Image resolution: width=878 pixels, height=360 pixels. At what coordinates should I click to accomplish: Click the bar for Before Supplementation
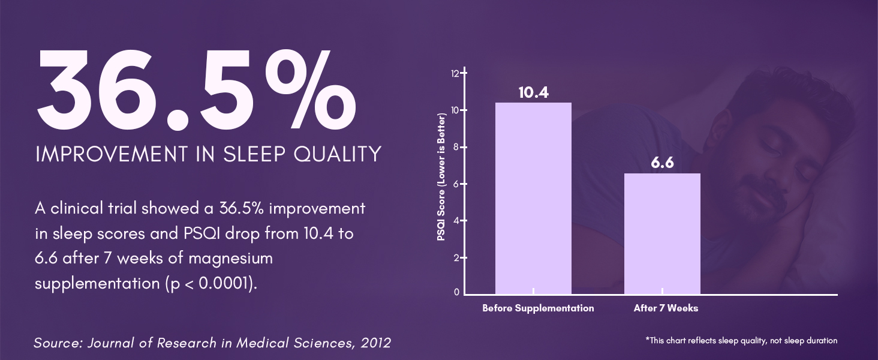click(x=533, y=198)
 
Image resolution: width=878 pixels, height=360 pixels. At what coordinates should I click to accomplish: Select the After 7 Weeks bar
click(x=662, y=234)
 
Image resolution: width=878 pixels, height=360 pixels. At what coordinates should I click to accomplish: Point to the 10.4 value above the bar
click(x=534, y=92)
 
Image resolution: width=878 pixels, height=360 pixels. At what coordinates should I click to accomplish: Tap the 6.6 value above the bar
click(x=663, y=163)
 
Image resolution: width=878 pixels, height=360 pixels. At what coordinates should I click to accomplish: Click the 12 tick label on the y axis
click(x=455, y=73)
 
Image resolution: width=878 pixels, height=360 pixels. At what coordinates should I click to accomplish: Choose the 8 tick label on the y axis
click(x=456, y=147)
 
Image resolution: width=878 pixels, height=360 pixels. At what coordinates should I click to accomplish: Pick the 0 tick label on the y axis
click(x=456, y=292)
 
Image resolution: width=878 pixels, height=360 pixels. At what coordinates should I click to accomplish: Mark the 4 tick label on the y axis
click(x=456, y=221)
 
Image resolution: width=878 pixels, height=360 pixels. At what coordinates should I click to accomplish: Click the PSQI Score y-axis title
click(x=441, y=177)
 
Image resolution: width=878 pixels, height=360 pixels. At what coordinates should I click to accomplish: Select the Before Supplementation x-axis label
click(x=538, y=308)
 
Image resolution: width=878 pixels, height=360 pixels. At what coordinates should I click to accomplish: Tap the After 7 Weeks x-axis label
click(x=666, y=308)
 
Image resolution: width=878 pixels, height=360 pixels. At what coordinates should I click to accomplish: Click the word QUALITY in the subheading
click(x=338, y=154)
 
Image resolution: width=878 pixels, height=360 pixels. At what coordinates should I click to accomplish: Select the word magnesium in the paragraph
click(x=230, y=259)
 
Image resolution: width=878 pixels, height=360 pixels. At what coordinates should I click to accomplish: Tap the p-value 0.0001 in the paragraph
click(x=223, y=283)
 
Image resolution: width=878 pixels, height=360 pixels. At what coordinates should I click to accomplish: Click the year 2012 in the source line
click(x=376, y=343)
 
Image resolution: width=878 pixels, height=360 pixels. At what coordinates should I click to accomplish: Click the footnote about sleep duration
click(x=741, y=341)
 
